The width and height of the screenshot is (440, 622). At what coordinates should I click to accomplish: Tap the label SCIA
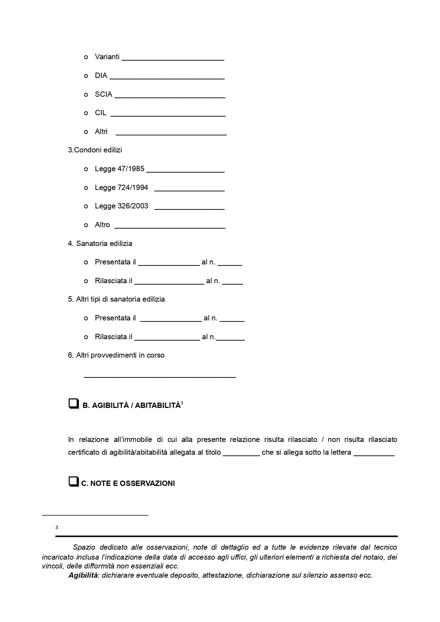point(103,94)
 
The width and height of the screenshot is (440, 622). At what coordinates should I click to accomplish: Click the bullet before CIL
point(86,113)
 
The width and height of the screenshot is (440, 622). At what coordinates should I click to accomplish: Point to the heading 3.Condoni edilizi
point(95,150)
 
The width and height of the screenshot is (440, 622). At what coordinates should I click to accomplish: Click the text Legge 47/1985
point(119,169)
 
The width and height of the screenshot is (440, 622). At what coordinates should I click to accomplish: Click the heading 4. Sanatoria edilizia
point(100,243)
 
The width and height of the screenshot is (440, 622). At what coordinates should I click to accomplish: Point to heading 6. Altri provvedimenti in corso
point(116,355)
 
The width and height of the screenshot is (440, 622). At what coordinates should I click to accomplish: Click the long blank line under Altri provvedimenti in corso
point(159,376)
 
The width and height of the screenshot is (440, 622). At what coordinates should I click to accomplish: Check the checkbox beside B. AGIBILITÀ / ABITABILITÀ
point(73,404)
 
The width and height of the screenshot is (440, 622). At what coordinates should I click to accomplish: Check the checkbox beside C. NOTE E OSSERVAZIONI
point(73,482)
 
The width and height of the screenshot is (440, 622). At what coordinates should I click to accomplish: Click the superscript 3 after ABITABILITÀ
point(182,403)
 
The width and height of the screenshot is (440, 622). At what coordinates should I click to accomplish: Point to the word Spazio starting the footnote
point(84,548)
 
